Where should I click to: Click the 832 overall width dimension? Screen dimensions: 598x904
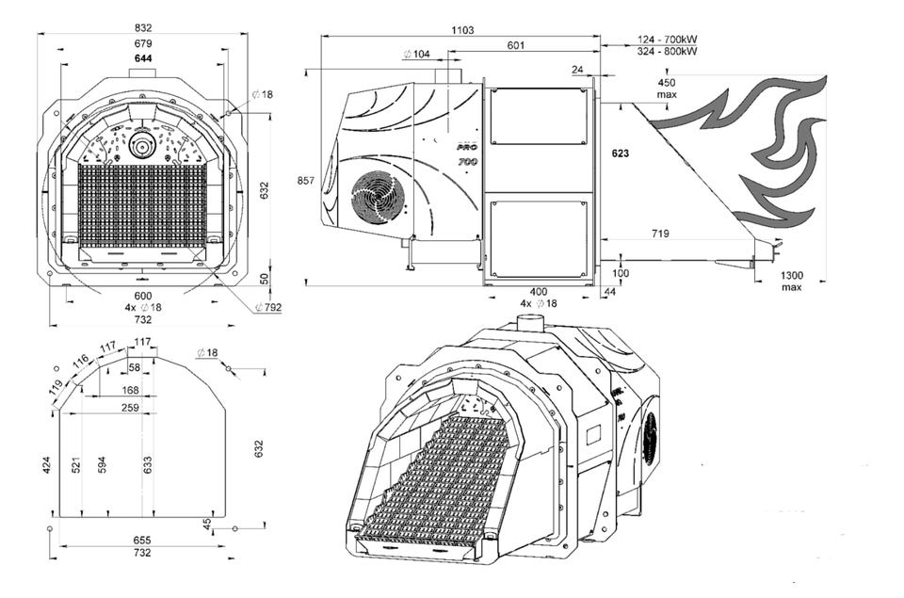point(143,28)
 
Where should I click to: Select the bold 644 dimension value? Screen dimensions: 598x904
point(143,58)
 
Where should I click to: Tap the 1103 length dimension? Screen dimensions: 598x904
point(461,30)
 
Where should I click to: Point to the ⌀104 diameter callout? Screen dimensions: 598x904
point(416,55)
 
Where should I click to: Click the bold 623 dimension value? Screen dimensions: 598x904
point(620,153)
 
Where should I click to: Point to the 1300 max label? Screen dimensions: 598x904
point(791,281)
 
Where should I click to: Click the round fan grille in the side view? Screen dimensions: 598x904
point(378,196)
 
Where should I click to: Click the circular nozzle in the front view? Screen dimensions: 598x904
point(143,146)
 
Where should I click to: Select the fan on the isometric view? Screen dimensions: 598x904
point(649,438)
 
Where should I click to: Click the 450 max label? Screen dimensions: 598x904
point(668,88)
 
